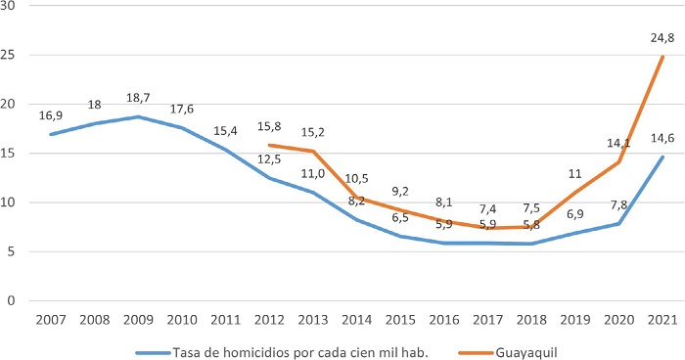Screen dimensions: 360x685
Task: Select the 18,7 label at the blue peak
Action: pos(138,99)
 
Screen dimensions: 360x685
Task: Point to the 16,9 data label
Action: pos(52,115)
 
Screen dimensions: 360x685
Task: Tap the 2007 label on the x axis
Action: pos(51,319)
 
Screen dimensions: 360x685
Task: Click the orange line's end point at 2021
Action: pos(663,57)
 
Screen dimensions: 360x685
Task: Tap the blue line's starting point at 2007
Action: pos(51,134)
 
